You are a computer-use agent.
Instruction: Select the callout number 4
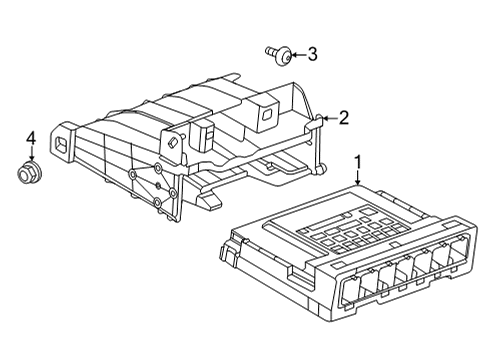tap(31, 138)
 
